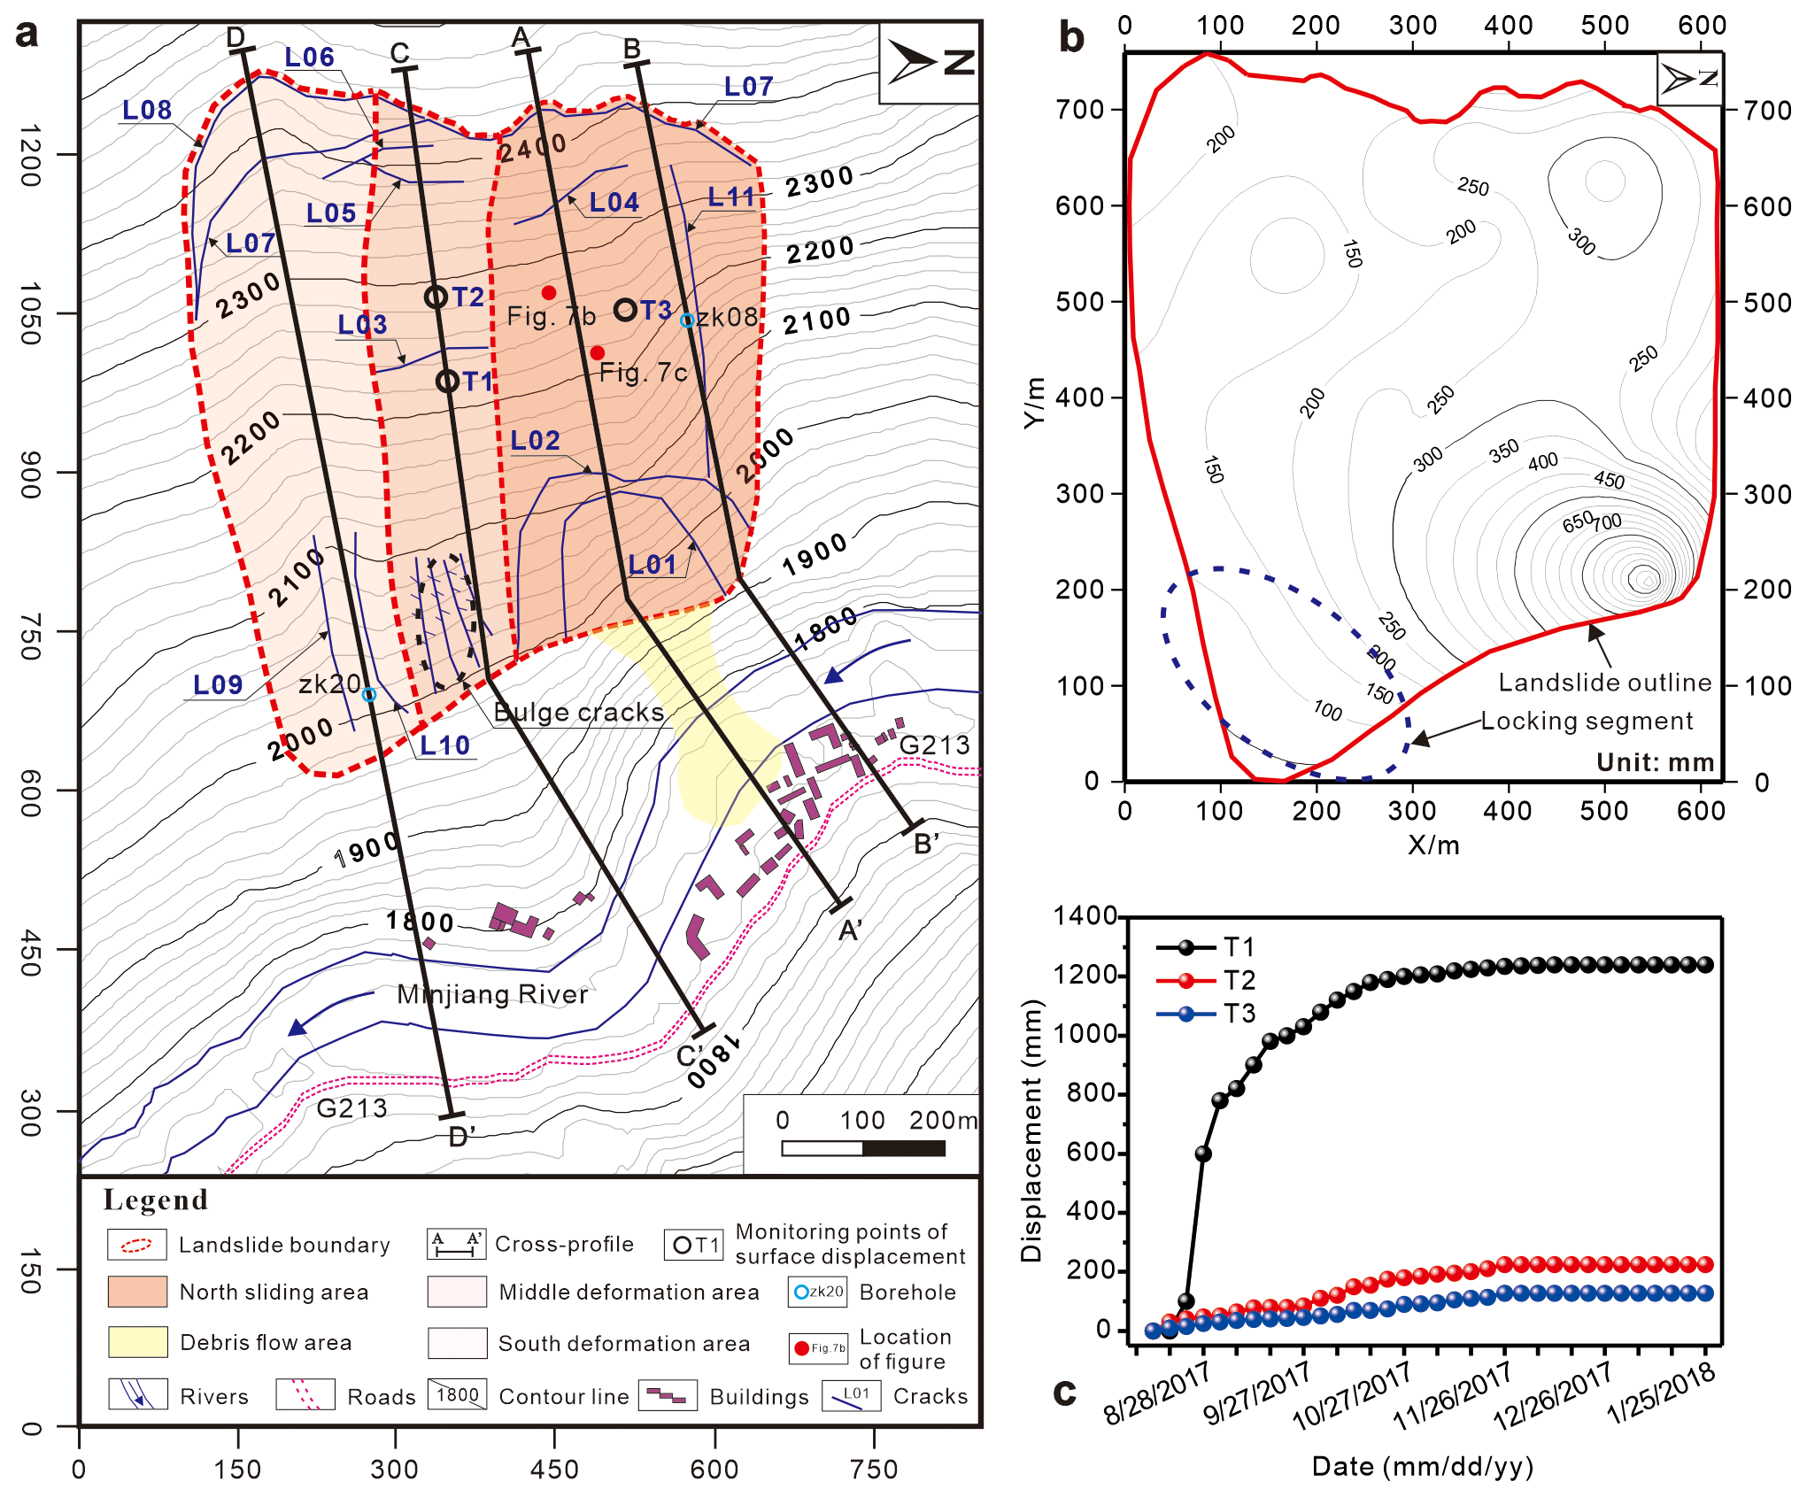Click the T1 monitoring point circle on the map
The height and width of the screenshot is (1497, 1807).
[448, 382]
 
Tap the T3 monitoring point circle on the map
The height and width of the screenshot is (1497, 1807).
[626, 310]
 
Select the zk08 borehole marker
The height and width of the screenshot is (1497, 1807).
[687, 320]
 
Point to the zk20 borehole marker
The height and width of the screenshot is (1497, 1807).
[369, 695]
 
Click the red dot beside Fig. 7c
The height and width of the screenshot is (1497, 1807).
[598, 352]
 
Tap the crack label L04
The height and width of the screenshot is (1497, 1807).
[614, 203]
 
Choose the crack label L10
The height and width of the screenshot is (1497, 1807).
[444, 745]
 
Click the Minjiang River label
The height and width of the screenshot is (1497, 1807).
[492, 994]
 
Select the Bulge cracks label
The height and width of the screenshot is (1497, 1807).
[578, 713]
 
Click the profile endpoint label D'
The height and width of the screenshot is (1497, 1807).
[461, 1137]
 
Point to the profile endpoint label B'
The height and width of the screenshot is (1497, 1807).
[926, 844]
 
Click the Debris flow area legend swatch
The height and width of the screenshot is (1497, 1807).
[137, 1342]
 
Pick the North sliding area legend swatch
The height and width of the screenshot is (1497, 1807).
[137, 1292]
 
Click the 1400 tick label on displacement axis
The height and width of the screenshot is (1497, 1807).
[1085, 915]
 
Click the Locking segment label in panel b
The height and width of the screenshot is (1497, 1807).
[1587, 721]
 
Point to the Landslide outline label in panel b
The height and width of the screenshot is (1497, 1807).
[1604, 683]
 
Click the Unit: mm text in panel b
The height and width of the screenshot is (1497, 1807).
[1655, 762]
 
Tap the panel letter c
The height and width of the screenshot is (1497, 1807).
[1064, 1392]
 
